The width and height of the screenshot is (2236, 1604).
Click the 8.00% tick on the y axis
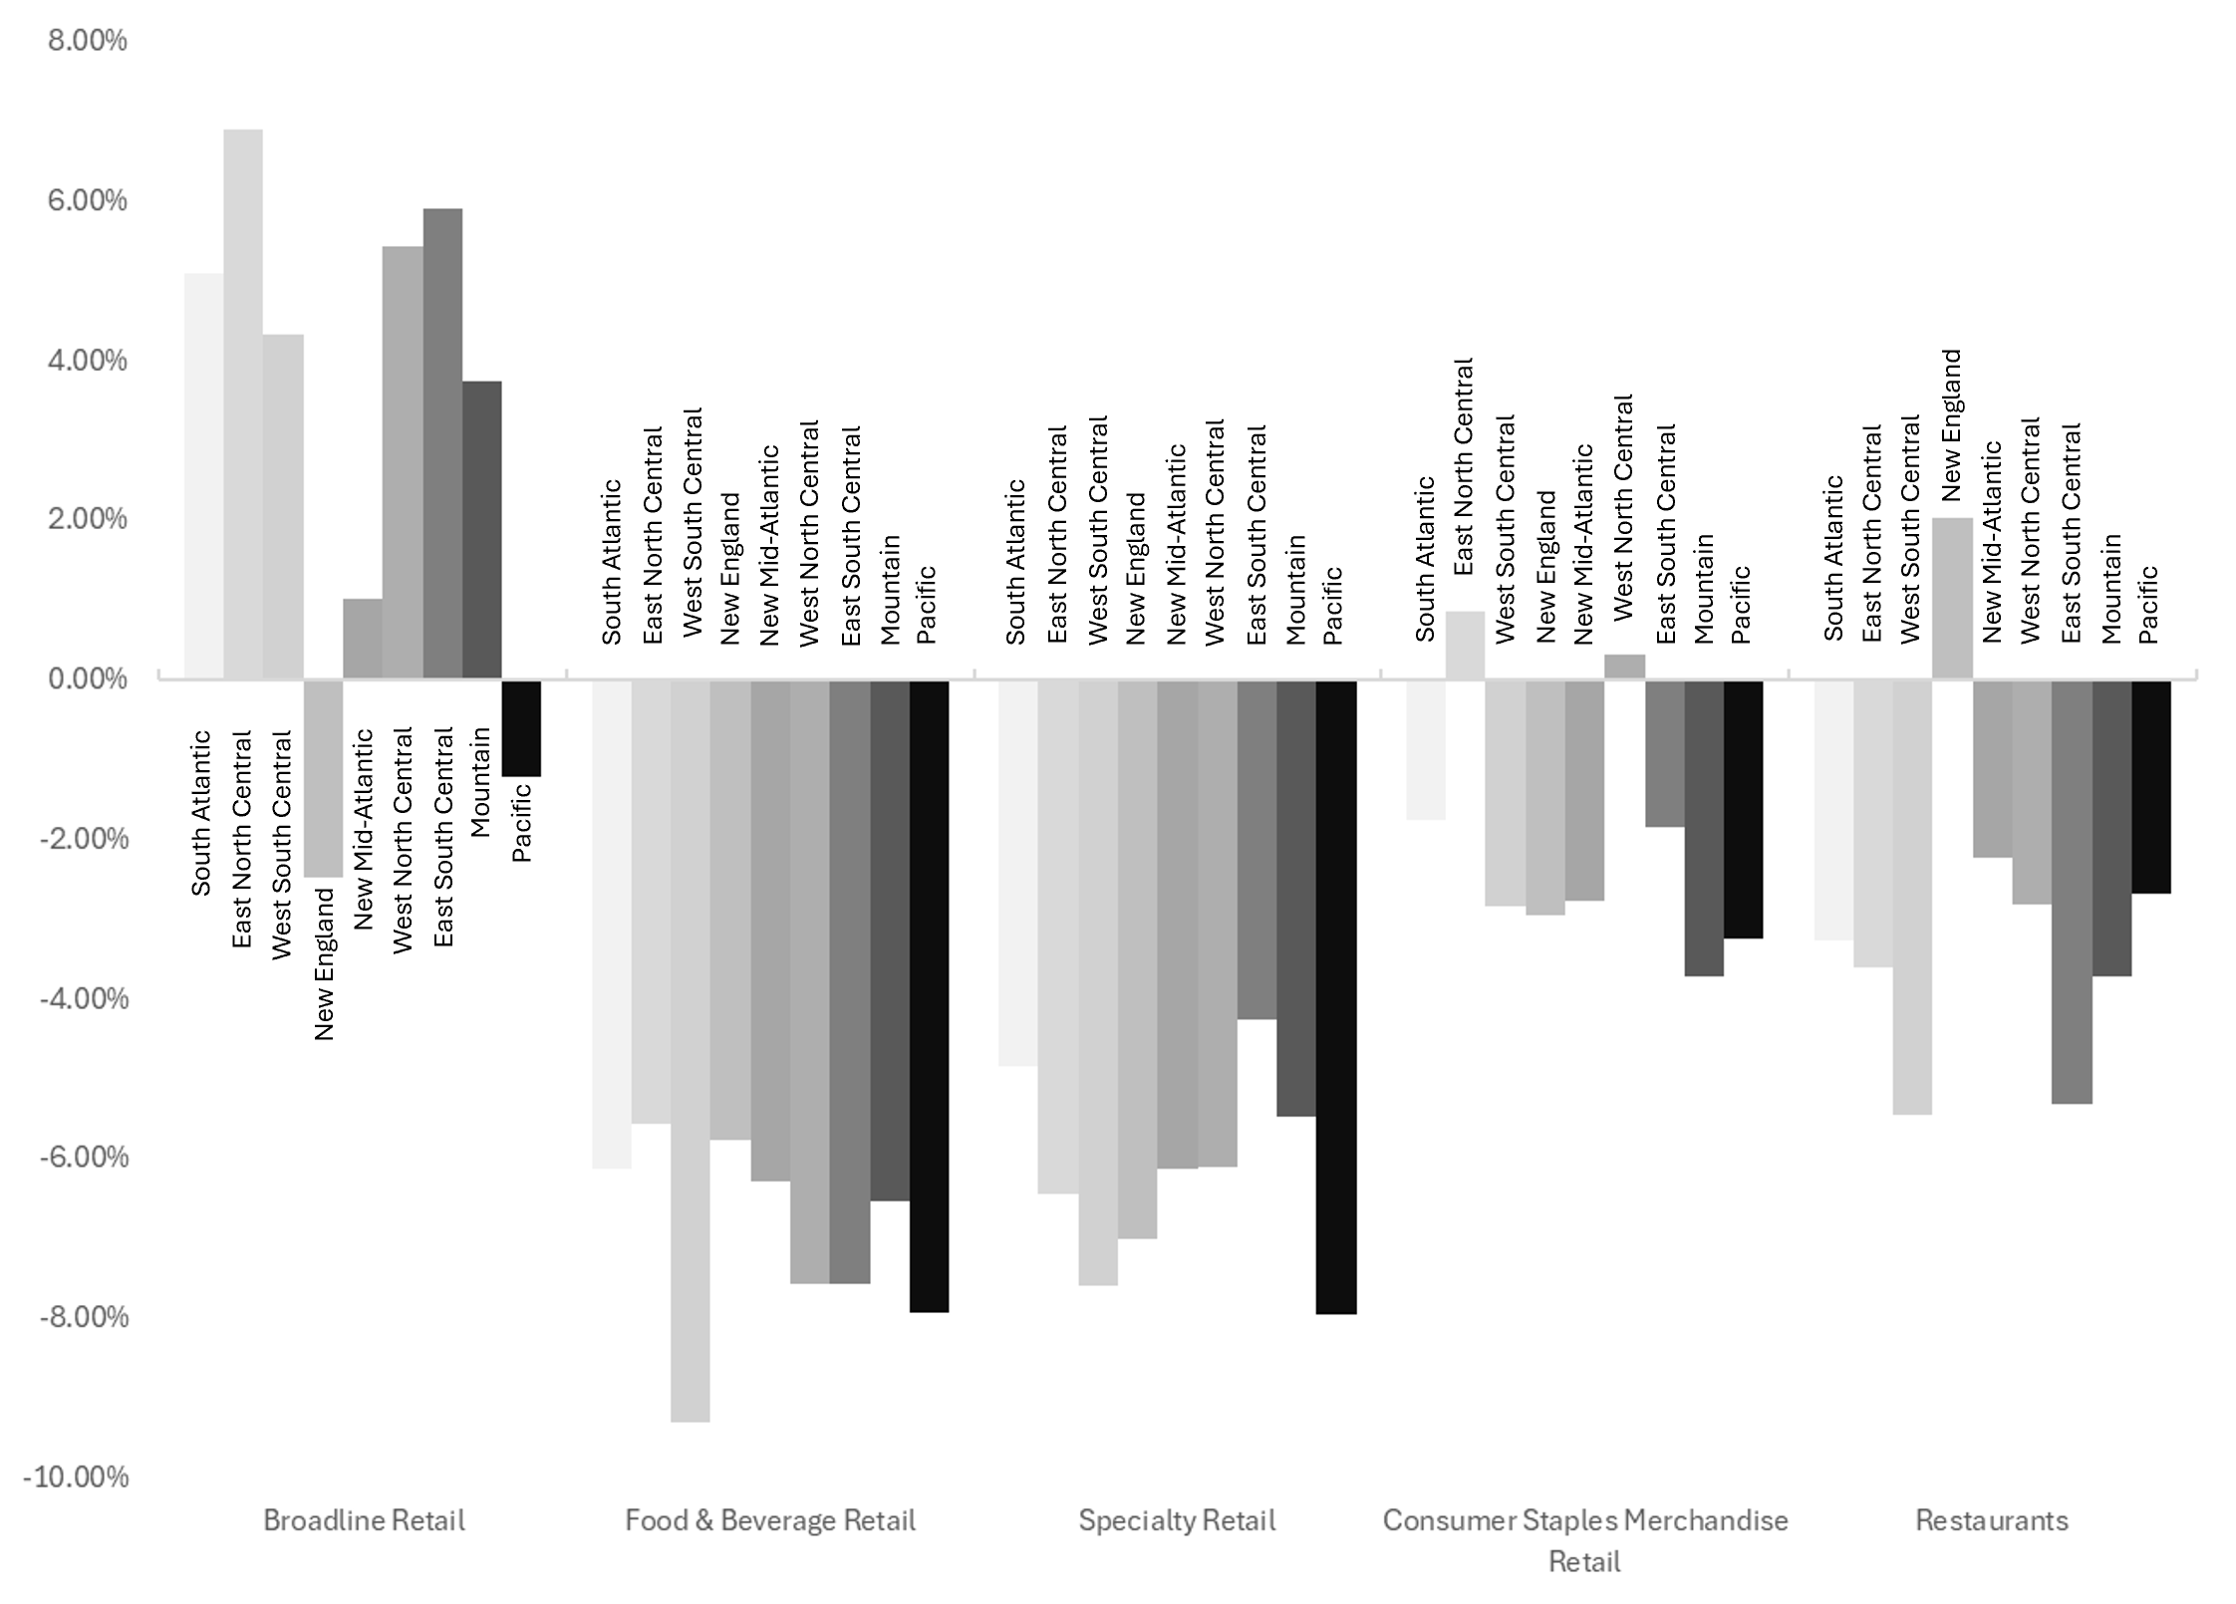(x=88, y=41)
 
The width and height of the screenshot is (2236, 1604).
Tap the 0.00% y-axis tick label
(x=88, y=679)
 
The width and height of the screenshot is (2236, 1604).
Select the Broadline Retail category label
(x=364, y=1520)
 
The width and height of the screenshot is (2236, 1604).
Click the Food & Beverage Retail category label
(x=770, y=1520)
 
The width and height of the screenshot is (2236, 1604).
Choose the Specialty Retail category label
(x=1177, y=1520)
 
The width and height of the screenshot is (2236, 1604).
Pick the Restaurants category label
(x=1992, y=1520)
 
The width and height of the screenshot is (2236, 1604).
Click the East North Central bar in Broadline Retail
(x=243, y=403)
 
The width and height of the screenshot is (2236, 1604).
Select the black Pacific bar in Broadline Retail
(x=521, y=727)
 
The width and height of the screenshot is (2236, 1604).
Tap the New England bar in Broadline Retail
(x=323, y=777)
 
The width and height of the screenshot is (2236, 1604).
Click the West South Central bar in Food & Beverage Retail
(x=691, y=1046)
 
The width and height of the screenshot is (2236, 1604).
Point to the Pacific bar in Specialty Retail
(x=1336, y=996)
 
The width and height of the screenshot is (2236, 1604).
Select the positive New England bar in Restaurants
(x=1952, y=598)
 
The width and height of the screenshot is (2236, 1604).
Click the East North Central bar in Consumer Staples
(x=1465, y=646)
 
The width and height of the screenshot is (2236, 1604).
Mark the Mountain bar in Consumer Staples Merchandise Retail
(x=1704, y=827)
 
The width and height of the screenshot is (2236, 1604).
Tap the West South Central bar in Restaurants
(x=1912, y=897)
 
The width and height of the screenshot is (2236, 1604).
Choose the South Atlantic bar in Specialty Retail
(x=1018, y=872)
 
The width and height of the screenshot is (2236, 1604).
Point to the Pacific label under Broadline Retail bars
(x=521, y=823)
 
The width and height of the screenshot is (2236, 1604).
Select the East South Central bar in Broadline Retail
(x=442, y=443)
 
